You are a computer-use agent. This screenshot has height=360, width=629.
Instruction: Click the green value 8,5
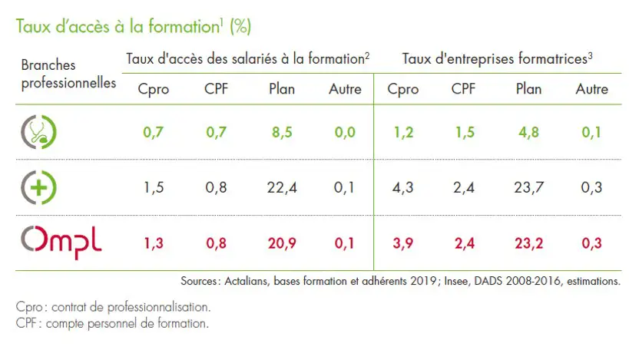point(282,132)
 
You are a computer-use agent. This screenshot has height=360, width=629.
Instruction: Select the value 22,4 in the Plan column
point(282,187)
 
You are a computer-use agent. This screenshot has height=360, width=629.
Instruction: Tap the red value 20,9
point(282,243)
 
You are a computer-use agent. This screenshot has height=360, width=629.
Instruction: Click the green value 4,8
point(528,132)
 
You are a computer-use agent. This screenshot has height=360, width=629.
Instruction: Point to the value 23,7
point(528,187)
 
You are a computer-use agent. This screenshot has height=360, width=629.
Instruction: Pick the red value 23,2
point(528,243)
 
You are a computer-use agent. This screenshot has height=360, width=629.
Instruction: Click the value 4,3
point(402,187)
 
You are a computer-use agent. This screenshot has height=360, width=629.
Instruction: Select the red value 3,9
point(402,243)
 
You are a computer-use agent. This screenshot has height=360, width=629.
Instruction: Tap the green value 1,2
point(402,132)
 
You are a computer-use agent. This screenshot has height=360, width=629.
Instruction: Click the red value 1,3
point(154,243)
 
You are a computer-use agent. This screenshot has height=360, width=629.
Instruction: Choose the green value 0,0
point(345,132)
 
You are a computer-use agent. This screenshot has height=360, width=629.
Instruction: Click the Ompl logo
point(61,243)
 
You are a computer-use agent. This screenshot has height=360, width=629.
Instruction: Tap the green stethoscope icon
point(38,132)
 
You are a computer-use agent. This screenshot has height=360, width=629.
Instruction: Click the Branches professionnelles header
point(68,74)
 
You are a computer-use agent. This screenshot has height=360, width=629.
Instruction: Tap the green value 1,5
point(463,132)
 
